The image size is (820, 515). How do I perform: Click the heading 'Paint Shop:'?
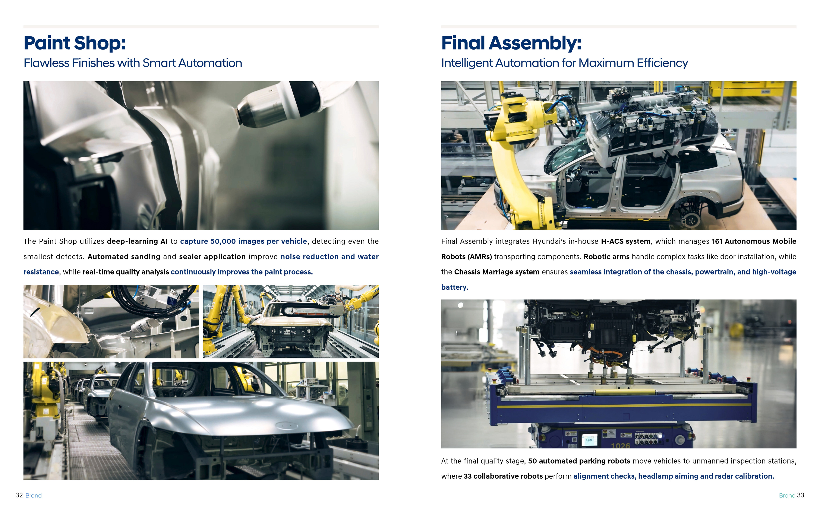75,43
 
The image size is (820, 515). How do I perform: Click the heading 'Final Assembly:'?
511,43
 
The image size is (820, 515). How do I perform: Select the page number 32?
19,495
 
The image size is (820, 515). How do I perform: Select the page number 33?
800,495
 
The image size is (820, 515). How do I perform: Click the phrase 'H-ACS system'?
625,241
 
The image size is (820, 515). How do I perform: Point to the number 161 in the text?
717,241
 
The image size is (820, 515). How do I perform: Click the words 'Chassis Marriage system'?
497,272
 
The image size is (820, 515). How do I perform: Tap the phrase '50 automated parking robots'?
579,461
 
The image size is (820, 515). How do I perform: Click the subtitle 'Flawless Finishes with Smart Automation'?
133,63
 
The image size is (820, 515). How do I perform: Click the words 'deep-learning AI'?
137,241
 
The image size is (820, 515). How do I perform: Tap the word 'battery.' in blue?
455,287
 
